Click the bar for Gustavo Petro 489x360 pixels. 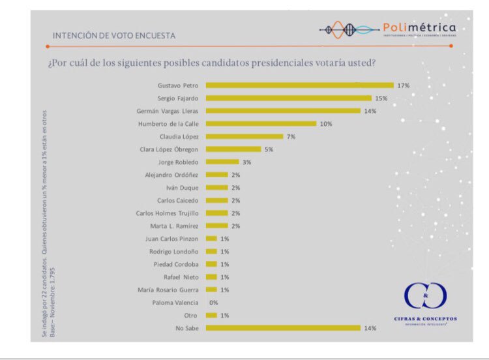click(300, 85)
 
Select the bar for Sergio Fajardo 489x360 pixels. click(289, 98)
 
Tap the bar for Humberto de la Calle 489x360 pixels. click(261, 124)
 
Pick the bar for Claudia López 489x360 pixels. click(244, 136)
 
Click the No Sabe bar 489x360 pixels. click(283, 328)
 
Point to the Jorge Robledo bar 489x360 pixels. click(222, 162)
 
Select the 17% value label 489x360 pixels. click(403, 85)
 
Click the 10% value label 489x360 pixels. click(325, 124)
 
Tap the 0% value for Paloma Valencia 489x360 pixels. click(213, 303)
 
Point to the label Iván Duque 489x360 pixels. click(183, 187)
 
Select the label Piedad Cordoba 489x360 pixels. click(177, 264)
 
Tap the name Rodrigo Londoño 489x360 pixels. click(175, 251)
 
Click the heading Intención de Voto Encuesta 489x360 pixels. click(114, 35)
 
